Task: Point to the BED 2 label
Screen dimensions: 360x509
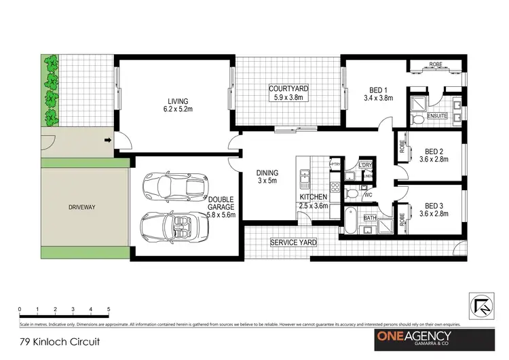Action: tap(434, 156)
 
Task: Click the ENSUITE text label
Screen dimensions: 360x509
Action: tap(437, 116)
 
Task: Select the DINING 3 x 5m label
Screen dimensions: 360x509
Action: tap(266, 177)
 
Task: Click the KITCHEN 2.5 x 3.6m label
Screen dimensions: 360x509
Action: tap(314, 202)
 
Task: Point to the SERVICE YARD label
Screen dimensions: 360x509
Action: tap(293, 242)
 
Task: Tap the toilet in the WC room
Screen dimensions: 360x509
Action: tap(350, 194)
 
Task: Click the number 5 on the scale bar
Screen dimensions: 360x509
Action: tap(109, 309)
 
